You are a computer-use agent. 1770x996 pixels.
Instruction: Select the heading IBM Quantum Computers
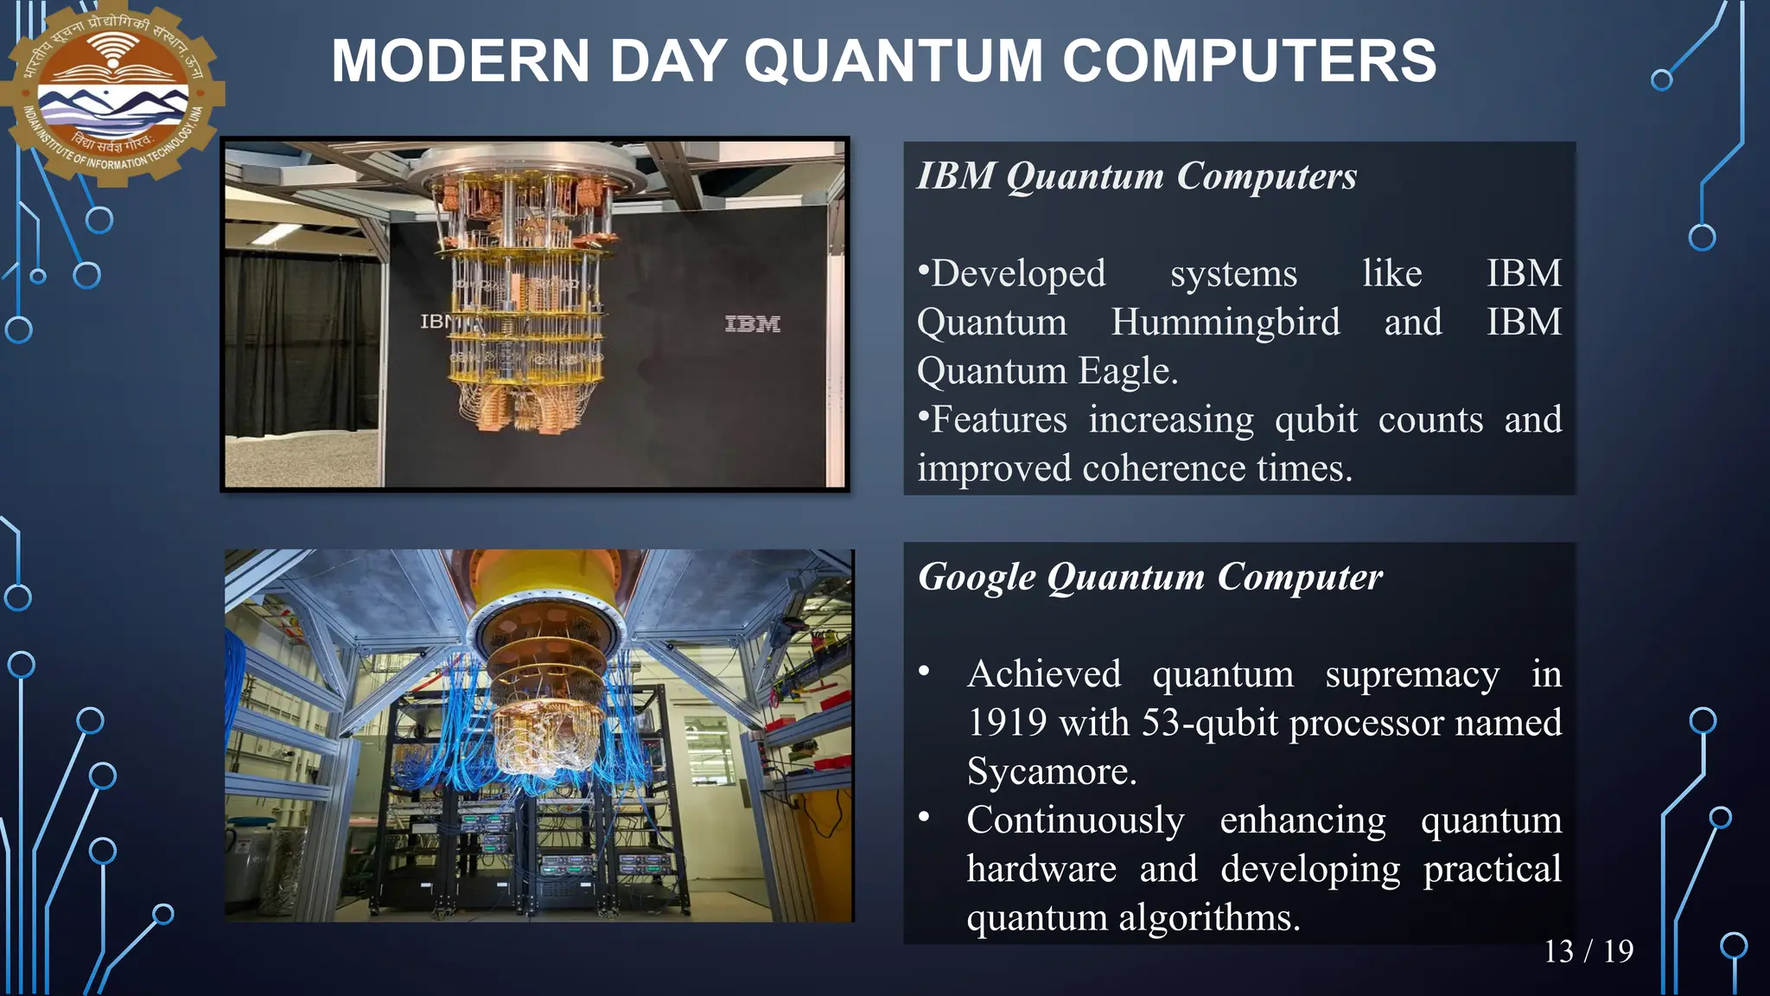pos(1136,176)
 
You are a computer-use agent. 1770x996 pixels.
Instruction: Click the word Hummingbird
pos(1225,322)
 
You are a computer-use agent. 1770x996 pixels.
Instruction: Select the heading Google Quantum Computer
pos(1149,578)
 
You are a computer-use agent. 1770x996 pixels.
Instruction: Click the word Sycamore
pos(1051,771)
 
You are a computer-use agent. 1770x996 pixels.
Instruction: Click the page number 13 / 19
pos(1589,951)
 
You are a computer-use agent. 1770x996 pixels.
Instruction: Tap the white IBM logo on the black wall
pos(752,324)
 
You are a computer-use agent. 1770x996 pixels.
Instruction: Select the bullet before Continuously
pos(924,816)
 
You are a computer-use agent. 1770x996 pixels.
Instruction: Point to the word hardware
pos(1041,869)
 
